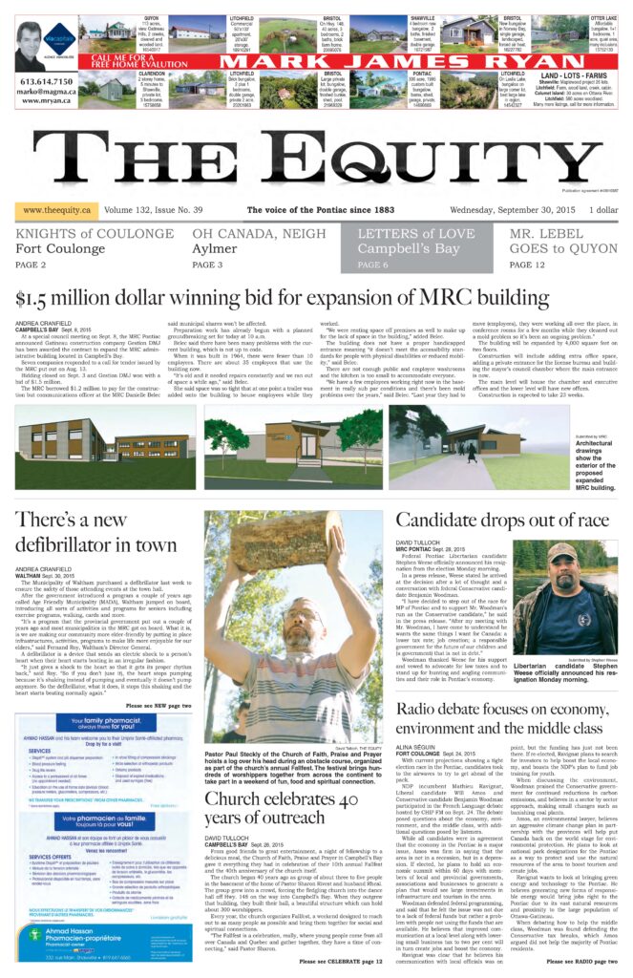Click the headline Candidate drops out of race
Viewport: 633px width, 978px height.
(x=501, y=520)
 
